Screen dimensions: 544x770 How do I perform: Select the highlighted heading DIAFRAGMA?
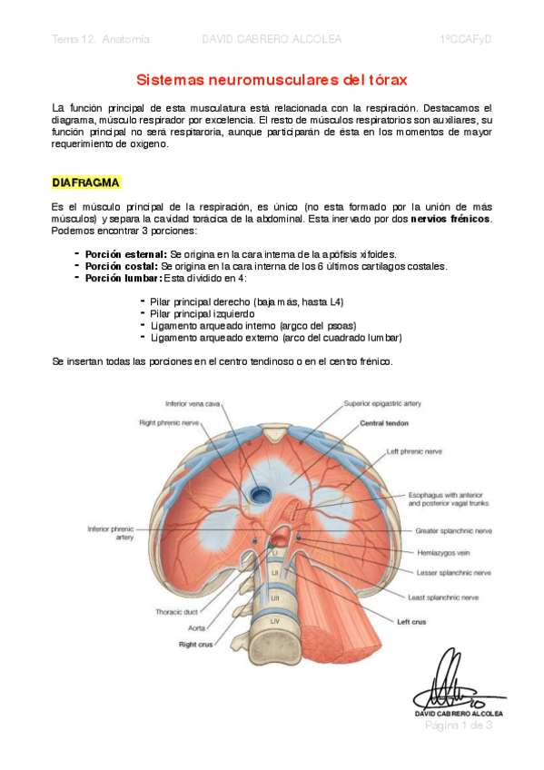[86, 183]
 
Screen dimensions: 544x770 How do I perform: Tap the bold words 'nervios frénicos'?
[450, 220]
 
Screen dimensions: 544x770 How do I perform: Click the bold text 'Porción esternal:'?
[125, 254]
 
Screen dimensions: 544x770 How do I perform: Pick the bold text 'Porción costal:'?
[121, 266]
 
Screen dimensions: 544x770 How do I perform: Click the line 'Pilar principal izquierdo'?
[203, 313]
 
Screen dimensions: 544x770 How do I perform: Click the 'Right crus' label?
[195, 643]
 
